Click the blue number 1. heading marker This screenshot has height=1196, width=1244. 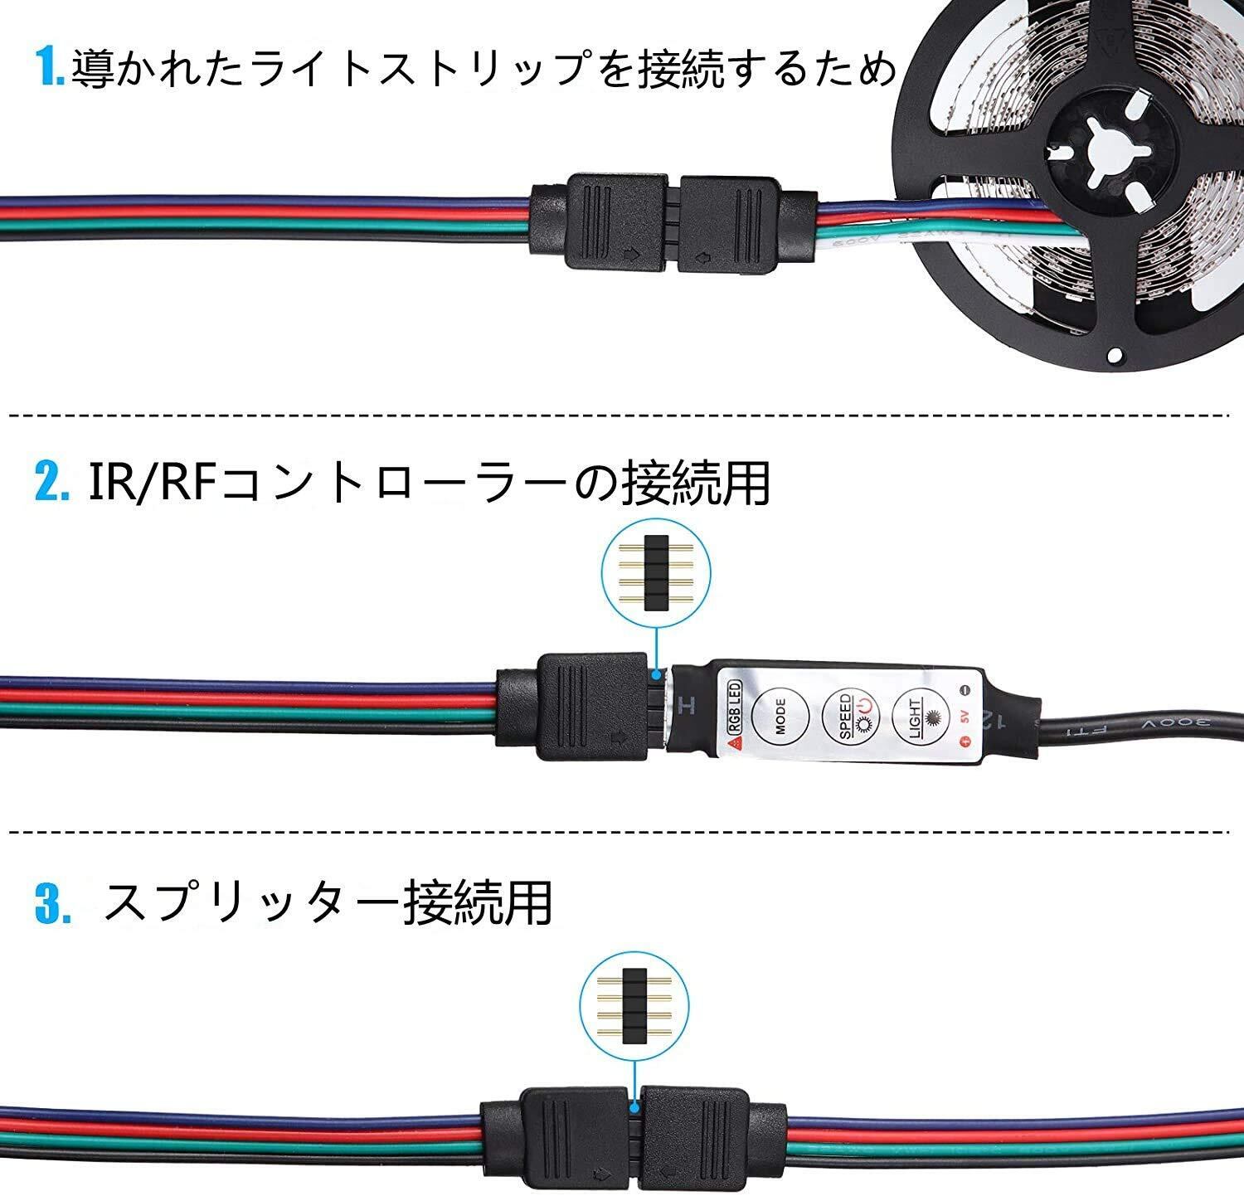(51, 68)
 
